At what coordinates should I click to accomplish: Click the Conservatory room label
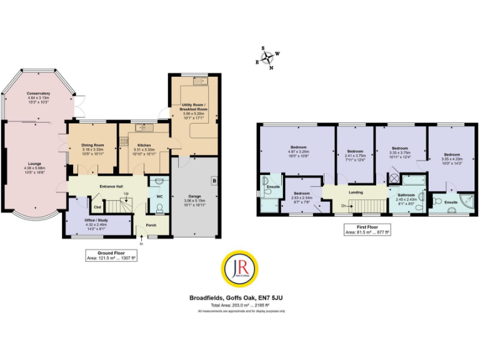click(x=39, y=94)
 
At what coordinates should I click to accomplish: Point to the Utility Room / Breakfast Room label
click(x=195, y=107)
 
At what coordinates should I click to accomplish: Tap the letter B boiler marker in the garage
click(x=214, y=181)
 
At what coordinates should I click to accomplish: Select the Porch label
click(x=151, y=225)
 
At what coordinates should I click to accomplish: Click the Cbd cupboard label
click(x=97, y=206)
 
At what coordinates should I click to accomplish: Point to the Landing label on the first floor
click(x=356, y=192)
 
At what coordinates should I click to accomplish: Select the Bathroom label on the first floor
click(x=406, y=195)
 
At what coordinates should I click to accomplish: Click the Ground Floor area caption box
click(x=111, y=255)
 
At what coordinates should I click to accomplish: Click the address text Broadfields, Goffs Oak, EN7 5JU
click(x=240, y=298)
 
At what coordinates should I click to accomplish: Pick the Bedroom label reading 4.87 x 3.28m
click(x=299, y=148)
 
